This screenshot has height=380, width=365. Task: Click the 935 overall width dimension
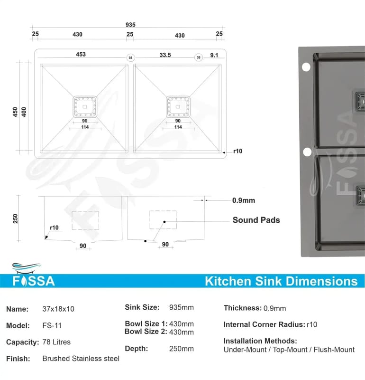[x=130, y=25]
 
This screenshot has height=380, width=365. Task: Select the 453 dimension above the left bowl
[x=81, y=54]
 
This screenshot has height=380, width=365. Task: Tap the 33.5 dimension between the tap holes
[x=165, y=55]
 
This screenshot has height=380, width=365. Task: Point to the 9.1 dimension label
[x=214, y=55]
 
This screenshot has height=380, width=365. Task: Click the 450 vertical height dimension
[x=15, y=112]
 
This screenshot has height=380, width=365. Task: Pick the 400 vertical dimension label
[x=24, y=112]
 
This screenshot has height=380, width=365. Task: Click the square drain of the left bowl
[x=85, y=106]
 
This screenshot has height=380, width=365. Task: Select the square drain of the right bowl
[x=178, y=106]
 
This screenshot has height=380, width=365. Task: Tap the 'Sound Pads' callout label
[x=256, y=220]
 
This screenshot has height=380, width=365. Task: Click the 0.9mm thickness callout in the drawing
[x=244, y=200]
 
